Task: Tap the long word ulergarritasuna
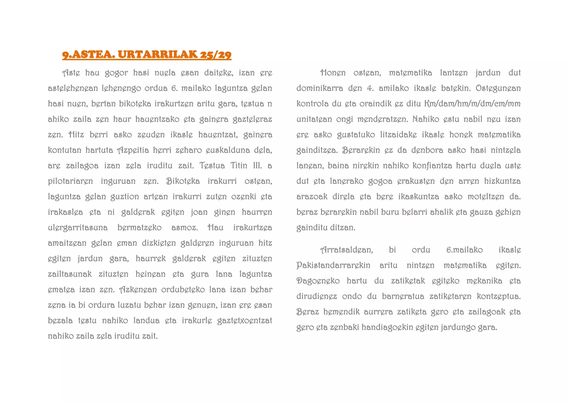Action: pos(78,228)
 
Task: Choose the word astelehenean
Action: pos(73,88)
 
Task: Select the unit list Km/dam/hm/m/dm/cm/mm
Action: pos(472,104)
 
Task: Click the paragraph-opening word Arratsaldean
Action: pos(346,250)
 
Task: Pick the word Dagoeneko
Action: pos(318,281)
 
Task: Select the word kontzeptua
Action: pos(499,297)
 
